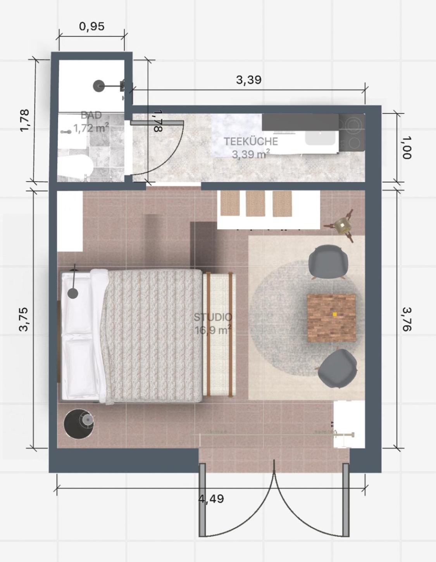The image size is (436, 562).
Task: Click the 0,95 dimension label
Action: tap(92, 26)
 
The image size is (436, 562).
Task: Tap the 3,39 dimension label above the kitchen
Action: tap(249, 80)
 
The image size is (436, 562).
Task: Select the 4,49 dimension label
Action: tap(211, 498)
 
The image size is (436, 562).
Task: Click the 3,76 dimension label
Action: tap(407, 319)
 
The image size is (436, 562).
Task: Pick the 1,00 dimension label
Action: tap(407, 148)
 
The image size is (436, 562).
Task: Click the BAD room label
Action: tap(91, 115)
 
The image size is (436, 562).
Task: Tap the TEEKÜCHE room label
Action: tap(251, 141)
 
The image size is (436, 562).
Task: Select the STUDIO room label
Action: tap(213, 317)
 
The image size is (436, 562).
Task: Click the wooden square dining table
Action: tap(331, 318)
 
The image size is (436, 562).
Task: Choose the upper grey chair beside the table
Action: tap(328, 262)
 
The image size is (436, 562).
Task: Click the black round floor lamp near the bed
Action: tap(79, 424)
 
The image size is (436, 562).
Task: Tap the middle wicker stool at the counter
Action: tap(256, 204)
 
